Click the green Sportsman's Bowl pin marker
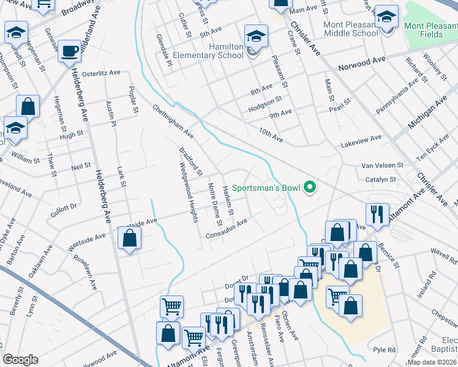point(310,188)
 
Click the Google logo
point(20,360)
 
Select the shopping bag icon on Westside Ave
point(129,238)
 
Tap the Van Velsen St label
point(382,165)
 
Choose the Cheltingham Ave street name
point(173,120)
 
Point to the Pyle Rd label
point(384,350)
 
